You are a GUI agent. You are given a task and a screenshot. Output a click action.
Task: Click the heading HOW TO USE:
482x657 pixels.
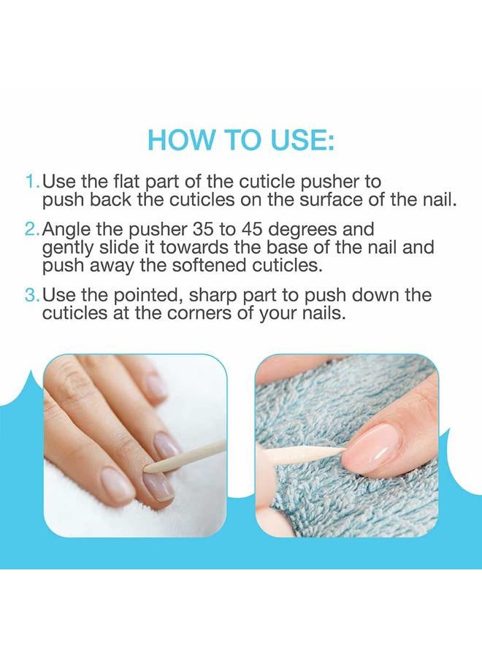point(241,140)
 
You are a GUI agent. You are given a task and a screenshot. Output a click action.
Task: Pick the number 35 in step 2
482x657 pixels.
point(202,229)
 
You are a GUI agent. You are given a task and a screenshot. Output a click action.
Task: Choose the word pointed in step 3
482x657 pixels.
point(147,296)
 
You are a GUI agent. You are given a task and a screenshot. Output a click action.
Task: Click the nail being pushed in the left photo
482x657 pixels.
point(158,482)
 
